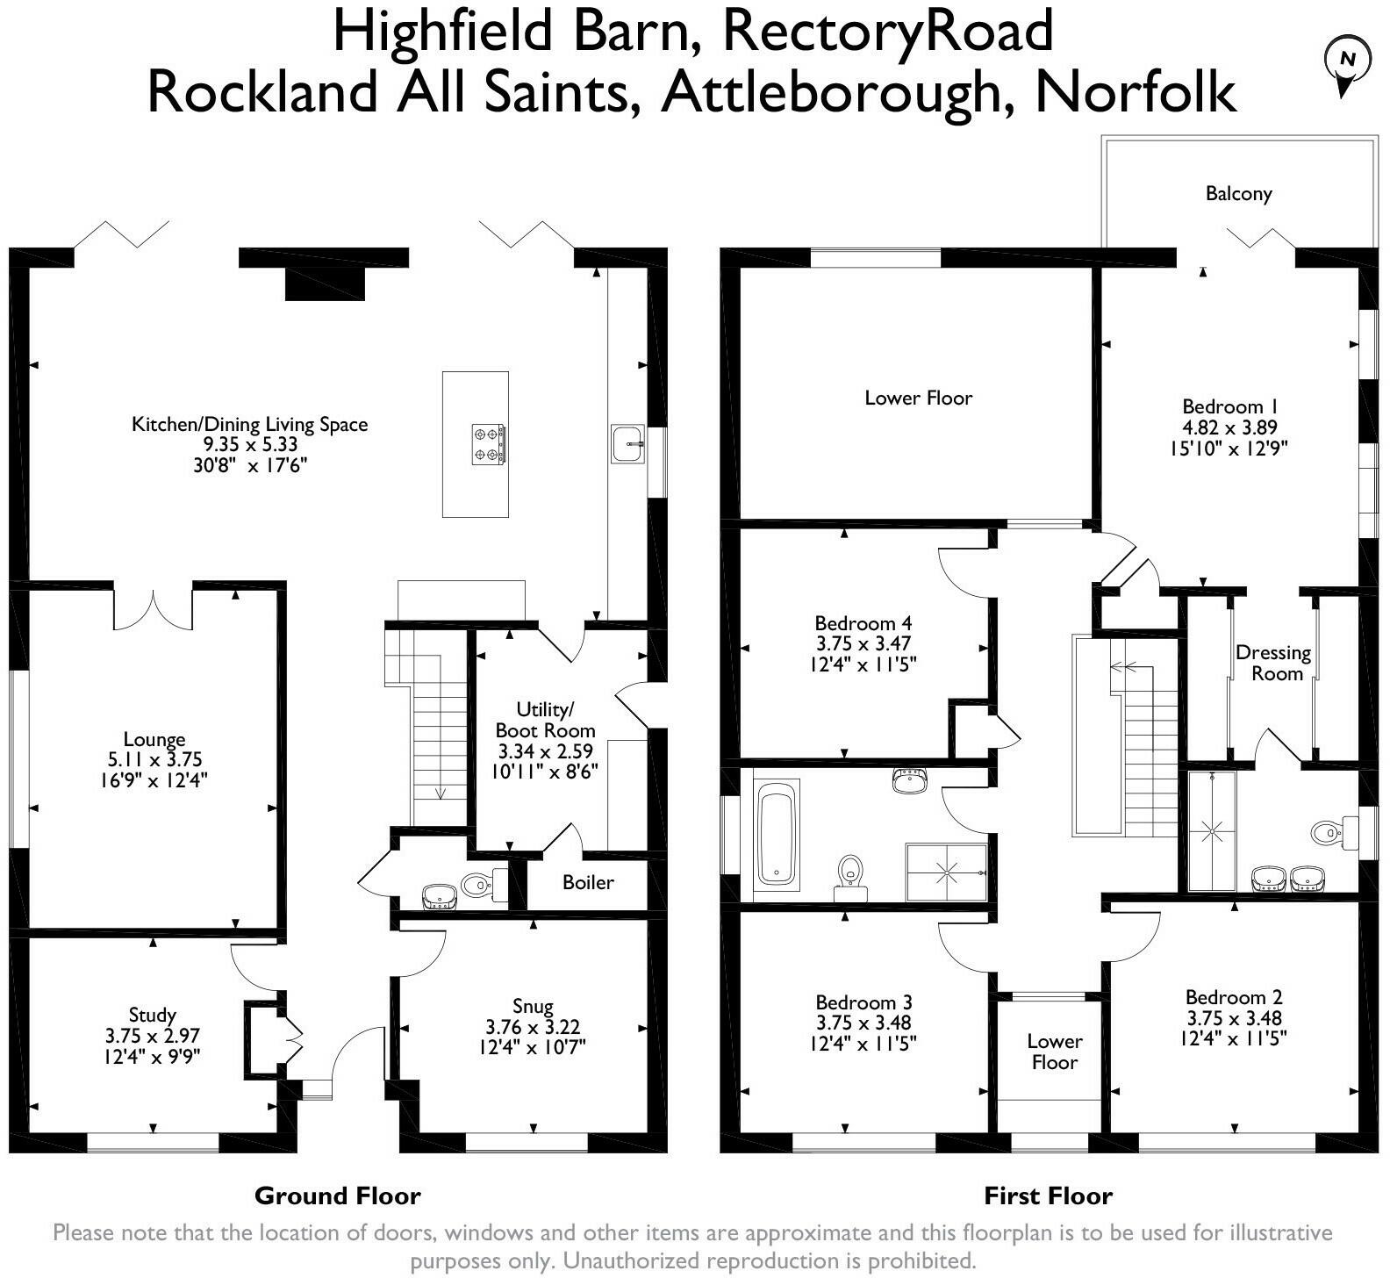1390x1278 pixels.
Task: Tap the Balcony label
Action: (1238, 194)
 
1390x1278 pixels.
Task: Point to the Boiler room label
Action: (588, 882)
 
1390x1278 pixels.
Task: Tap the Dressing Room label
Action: (1273, 663)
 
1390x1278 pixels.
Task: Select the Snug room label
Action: (533, 1006)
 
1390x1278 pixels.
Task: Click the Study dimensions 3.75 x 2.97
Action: (153, 1036)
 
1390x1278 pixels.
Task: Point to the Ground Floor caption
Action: (337, 1195)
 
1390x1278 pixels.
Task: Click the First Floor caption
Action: (1048, 1195)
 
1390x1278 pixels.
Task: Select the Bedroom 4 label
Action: (856, 623)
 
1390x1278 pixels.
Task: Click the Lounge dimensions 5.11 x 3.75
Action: (154, 759)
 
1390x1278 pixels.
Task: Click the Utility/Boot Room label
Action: (545, 720)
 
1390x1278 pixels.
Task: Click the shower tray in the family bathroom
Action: (946, 872)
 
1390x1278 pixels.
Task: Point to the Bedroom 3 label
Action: (863, 1002)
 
